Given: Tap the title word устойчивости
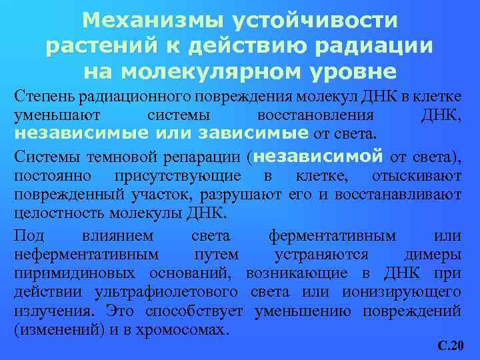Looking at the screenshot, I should pyautogui.click(x=313, y=21).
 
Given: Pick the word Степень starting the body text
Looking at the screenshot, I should pyautogui.click(x=43, y=97).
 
